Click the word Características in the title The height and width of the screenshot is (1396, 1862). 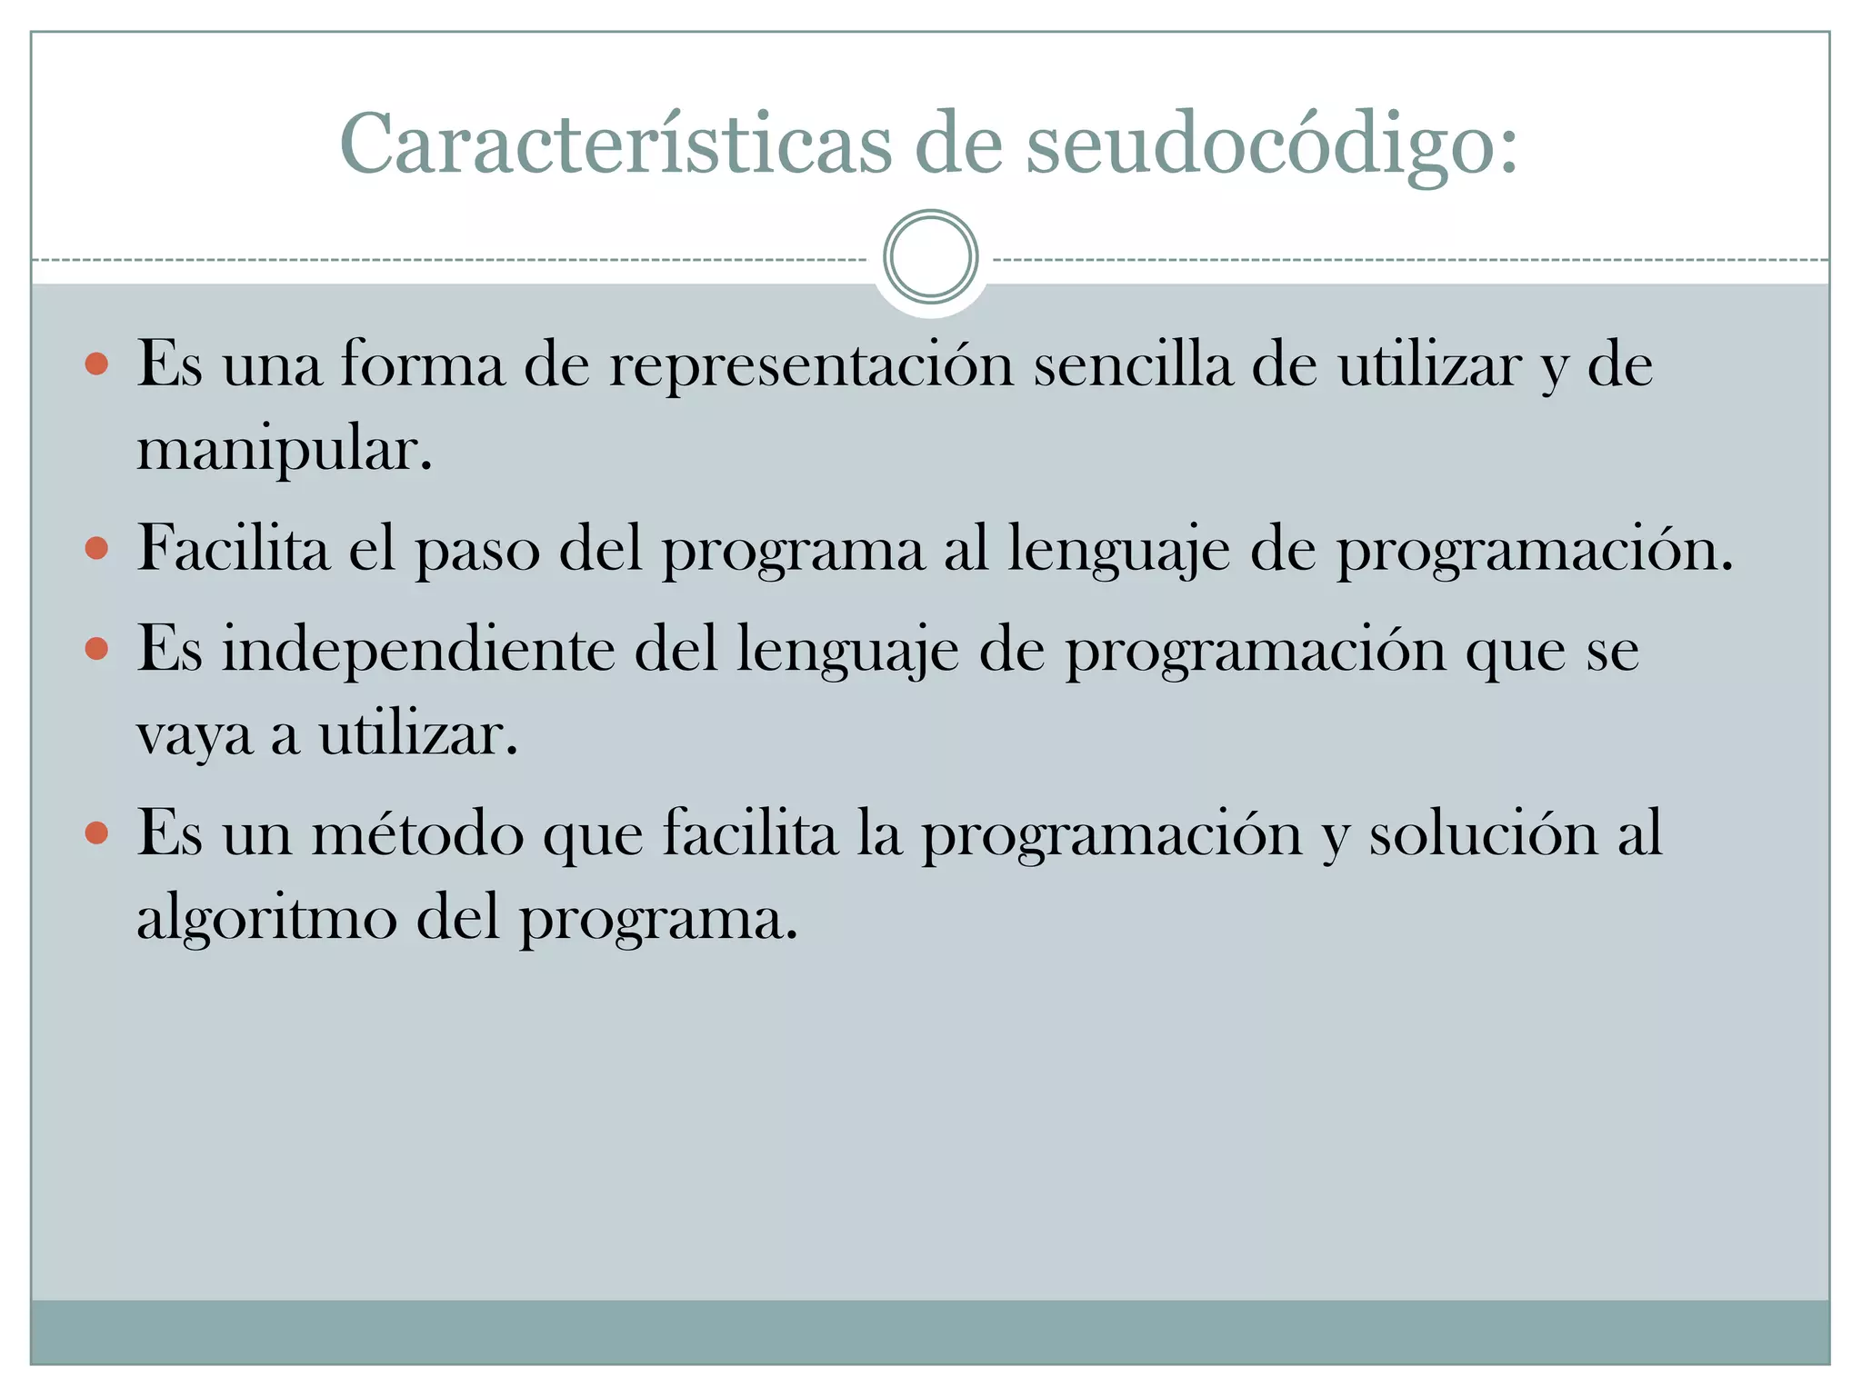pyautogui.click(x=616, y=145)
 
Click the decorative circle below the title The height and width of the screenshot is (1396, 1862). pyautogui.click(x=930, y=256)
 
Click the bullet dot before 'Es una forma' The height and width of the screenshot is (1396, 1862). pyautogui.click(x=96, y=365)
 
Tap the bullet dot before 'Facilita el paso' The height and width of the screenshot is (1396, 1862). pyautogui.click(x=96, y=549)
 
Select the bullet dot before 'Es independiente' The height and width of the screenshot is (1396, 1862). pyautogui.click(x=96, y=650)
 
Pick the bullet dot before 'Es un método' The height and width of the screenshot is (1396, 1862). pyautogui.click(x=96, y=833)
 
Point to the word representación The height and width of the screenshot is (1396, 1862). pyautogui.click(x=811, y=365)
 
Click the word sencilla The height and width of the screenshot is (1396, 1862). pyautogui.click(x=1133, y=365)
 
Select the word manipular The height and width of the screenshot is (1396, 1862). pyautogui.click(x=284, y=449)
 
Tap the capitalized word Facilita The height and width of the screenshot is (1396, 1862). pyautogui.click(x=233, y=549)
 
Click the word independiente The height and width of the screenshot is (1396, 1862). pyautogui.click(x=418, y=650)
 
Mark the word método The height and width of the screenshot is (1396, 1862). pyautogui.click(x=418, y=833)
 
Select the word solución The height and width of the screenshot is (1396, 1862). pyautogui.click(x=1483, y=833)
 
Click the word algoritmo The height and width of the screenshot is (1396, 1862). pyautogui.click(x=266, y=918)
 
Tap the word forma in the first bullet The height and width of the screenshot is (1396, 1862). pyautogui.click(x=422, y=365)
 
